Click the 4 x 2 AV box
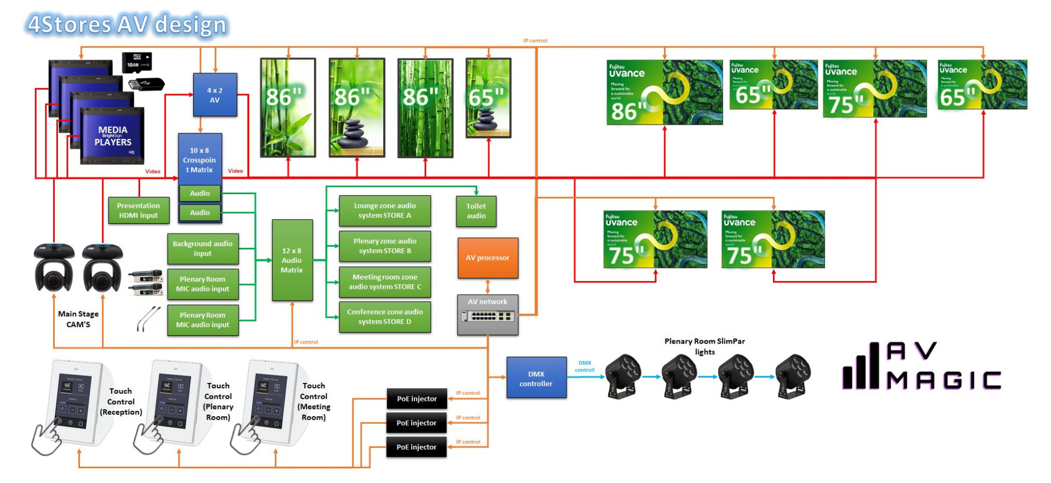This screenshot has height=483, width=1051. (x=215, y=95)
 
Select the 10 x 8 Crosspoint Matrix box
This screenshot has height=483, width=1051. (x=200, y=159)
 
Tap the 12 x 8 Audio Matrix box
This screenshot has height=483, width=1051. (x=292, y=260)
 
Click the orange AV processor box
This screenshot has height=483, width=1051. (x=487, y=258)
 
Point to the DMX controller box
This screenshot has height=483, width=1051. (x=536, y=378)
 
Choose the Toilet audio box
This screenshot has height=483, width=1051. (x=476, y=211)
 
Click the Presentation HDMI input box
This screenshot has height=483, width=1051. (x=138, y=211)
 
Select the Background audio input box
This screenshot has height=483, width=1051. (x=203, y=248)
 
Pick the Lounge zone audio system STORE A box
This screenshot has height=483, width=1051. (x=385, y=211)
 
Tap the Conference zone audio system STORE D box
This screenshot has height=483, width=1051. (x=385, y=317)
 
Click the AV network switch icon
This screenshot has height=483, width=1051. (x=488, y=316)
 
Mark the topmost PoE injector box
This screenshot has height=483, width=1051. (x=417, y=399)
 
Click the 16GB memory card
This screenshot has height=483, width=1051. (x=136, y=62)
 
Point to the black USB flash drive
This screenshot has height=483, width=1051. (x=146, y=84)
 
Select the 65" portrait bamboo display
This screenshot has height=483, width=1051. (x=488, y=98)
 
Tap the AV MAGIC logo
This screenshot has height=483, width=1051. (x=921, y=366)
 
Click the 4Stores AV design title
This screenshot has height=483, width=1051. (x=127, y=25)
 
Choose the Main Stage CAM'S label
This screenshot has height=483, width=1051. (x=78, y=319)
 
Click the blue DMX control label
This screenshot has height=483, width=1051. (x=585, y=366)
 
